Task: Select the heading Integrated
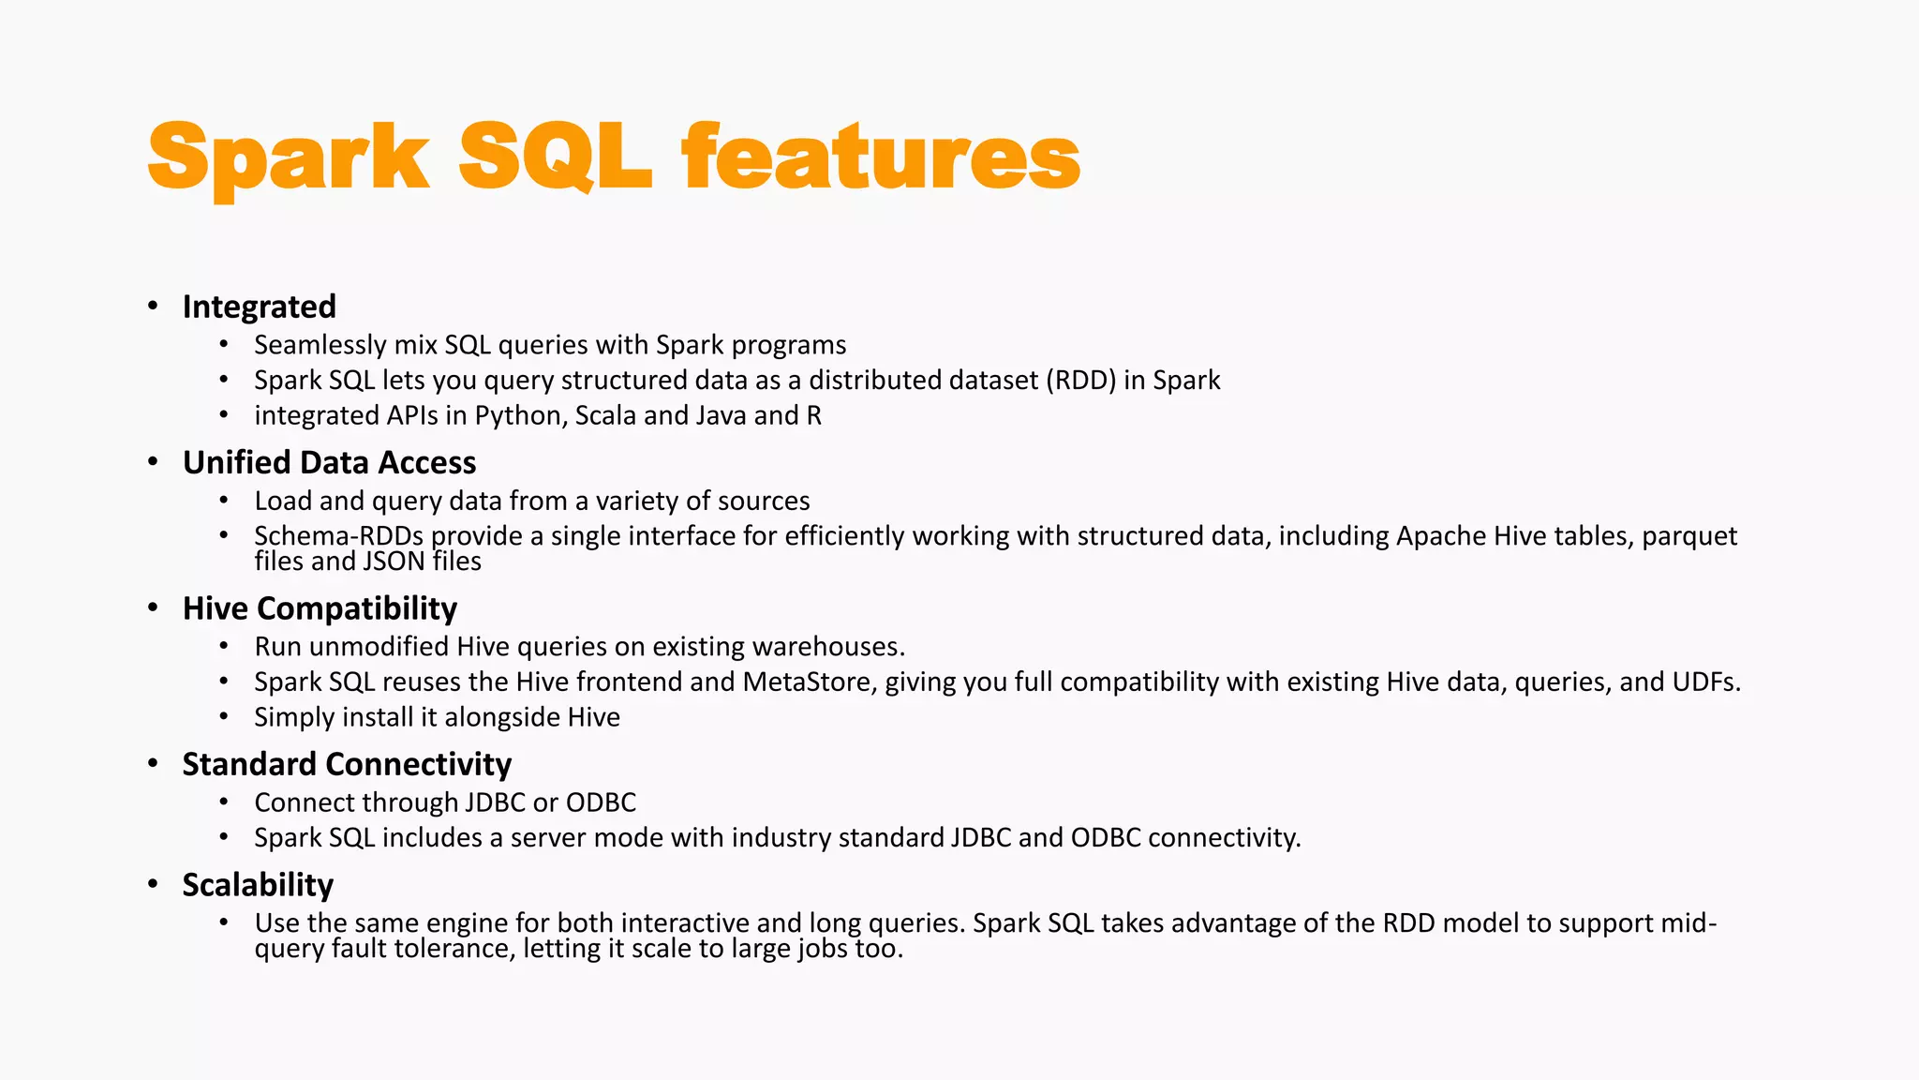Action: pos(259,307)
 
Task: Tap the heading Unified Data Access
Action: pos(329,462)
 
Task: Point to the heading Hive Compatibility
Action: pos(320,608)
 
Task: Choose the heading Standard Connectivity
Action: pos(347,764)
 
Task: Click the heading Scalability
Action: pos(258,885)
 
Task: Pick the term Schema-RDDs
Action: pos(338,536)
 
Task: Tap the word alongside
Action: pos(502,717)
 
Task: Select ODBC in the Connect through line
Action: pos(601,802)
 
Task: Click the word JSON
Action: pos(394,562)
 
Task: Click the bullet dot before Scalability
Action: pos(153,884)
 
